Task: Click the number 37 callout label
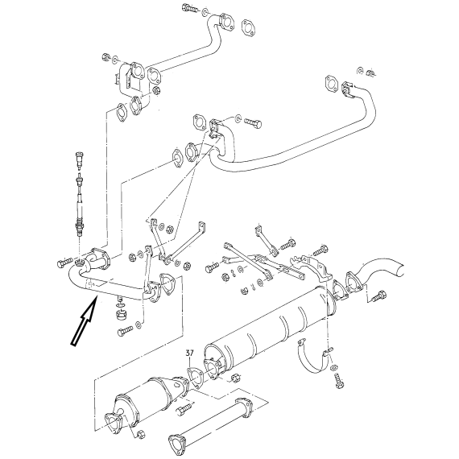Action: coord(190,354)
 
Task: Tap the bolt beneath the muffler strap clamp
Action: coord(339,381)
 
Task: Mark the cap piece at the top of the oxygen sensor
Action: coord(80,159)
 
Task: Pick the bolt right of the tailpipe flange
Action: coord(379,296)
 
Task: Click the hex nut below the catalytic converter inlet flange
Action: coord(140,434)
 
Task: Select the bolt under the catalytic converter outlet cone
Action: coord(184,409)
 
